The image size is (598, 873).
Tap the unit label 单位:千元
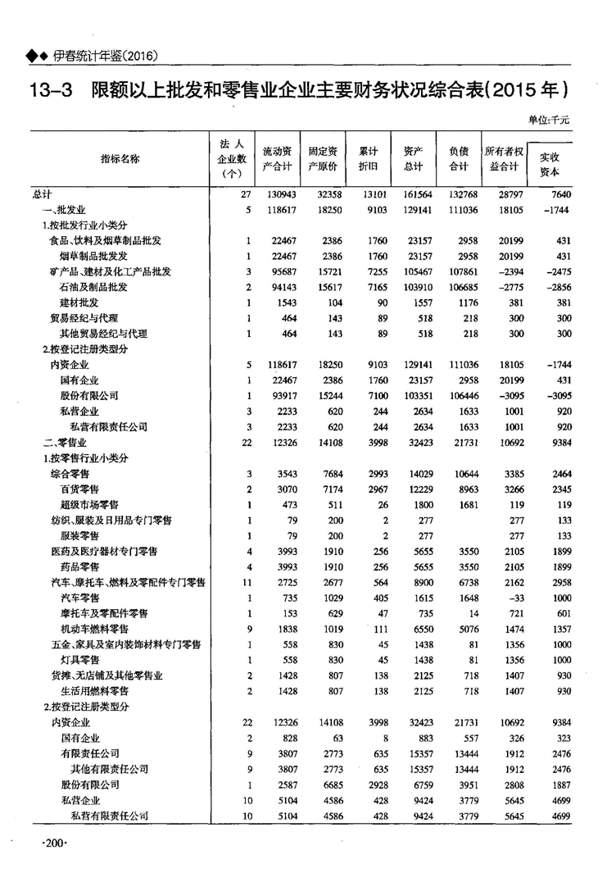tap(548, 120)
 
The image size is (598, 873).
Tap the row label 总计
tap(43, 195)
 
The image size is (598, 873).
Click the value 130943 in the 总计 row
tap(278, 195)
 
